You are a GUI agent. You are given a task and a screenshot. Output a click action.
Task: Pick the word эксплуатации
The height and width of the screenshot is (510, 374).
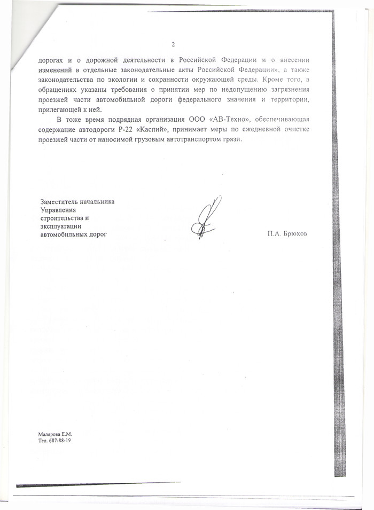(60, 226)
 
